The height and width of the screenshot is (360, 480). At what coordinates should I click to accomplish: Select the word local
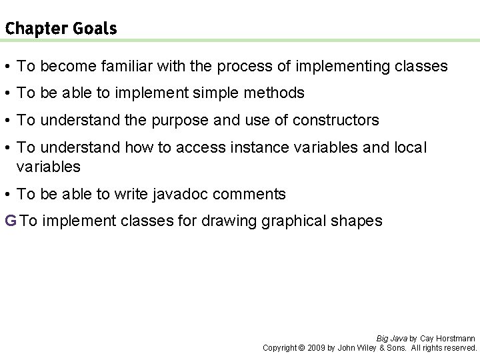(x=409, y=147)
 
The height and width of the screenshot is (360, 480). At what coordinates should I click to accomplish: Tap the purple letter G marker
(x=10, y=221)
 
